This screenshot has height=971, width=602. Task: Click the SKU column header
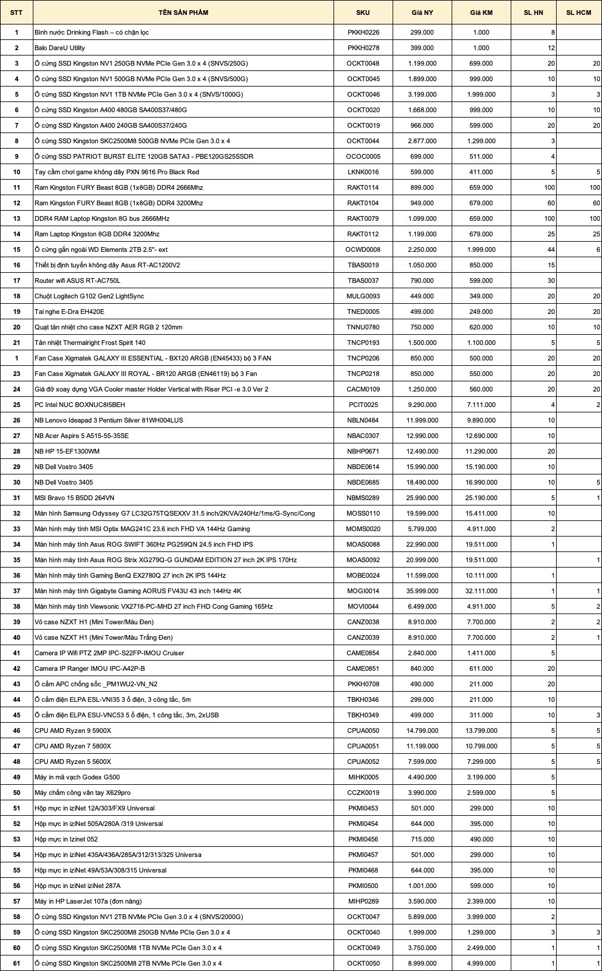pyautogui.click(x=363, y=13)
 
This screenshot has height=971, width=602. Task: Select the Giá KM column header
pyautogui.click(x=480, y=13)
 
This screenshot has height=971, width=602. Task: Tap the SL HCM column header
pyautogui.click(x=579, y=13)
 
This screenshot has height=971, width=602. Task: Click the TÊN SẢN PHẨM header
pyautogui.click(x=183, y=13)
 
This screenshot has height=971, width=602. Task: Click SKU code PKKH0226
pyautogui.click(x=363, y=32)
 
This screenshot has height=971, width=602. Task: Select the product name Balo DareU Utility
pyautogui.click(x=60, y=48)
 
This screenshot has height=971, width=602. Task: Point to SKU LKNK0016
pyautogui.click(x=363, y=172)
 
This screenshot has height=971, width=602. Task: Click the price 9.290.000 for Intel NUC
pyautogui.click(x=422, y=405)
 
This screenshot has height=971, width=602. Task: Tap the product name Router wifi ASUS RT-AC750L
pyautogui.click(x=78, y=280)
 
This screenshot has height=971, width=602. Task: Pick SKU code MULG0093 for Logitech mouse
pyautogui.click(x=363, y=296)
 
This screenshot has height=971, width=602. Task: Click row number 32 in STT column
pyautogui.click(x=17, y=513)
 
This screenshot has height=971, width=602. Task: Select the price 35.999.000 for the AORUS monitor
pyautogui.click(x=422, y=591)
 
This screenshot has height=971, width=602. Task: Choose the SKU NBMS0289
pyautogui.click(x=363, y=498)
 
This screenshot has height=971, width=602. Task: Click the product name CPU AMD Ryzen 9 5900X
pyautogui.click(x=73, y=730)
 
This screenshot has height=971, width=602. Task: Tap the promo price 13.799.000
pyautogui.click(x=481, y=730)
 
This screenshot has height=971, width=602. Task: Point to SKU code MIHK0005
pyautogui.click(x=363, y=777)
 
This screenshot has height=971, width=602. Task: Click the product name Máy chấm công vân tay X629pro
pyautogui.click(x=82, y=793)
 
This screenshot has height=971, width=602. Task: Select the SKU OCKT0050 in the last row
pyautogui.click(x=363, y=963)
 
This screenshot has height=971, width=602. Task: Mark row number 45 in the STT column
pyautogui.click(x=17, y=715)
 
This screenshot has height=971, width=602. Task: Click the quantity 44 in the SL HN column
pyautogui.click(x=551, y=249)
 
